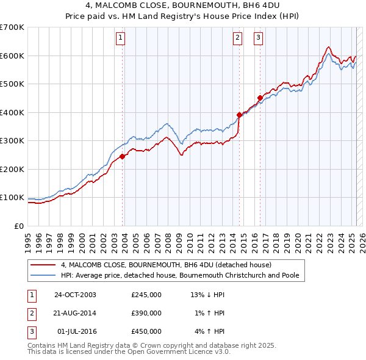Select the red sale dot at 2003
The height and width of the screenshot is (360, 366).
[123, 156]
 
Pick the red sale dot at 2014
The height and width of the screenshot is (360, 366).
[239, 115]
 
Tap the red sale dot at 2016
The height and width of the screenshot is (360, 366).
[260, 98]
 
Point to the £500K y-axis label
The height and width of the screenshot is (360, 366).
[12, 84]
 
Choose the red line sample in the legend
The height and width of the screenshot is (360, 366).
[43, 265]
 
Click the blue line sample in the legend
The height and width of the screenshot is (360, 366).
[43, 275]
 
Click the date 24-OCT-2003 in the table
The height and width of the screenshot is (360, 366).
[75, 295]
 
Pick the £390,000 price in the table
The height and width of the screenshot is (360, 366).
[146, 313]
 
